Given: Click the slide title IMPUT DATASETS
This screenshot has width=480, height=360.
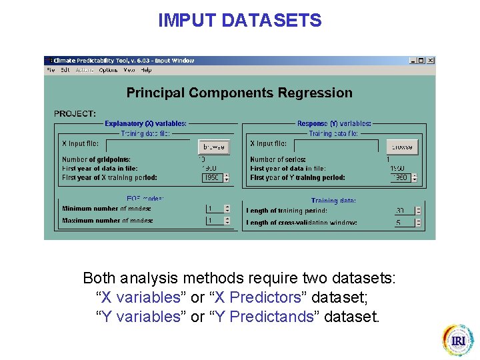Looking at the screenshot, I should pyautogui.click(x=239, y=21).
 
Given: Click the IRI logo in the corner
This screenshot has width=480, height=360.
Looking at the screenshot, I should pyautogui.click(x=458, y=340).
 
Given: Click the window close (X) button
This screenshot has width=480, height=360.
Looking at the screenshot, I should pyautogui.click(x=431, y=61).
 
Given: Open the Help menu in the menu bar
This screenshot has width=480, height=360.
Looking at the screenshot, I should pyautogui.click(x=146, y=70).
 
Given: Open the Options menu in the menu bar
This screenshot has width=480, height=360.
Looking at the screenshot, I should pyautogui.click(x=108, y=70).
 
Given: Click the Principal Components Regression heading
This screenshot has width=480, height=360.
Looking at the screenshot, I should pyautogui.click(x=239, y=93).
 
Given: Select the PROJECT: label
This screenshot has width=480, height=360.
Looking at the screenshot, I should pyautogui.click(x=75, y=114).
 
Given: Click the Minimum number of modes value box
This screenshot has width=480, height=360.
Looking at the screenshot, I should pyautogui.click(x=214, y=209).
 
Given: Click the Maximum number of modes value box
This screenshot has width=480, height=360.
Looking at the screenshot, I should pyautogui.click(x=214, y=221).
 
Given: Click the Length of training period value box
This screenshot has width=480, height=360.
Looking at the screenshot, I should pyautogui.click(x=403, y=211).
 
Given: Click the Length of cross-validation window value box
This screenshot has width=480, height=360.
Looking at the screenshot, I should pyautogui.click(x=403, y=223).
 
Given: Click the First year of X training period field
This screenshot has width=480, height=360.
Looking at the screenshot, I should pyautogui.click(x=213, y=178).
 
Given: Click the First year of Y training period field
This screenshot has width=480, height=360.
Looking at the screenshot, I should pyautogui.click(x=400, y=178).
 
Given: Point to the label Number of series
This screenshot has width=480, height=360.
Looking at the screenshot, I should pyautogui.click(x=278, y=160).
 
